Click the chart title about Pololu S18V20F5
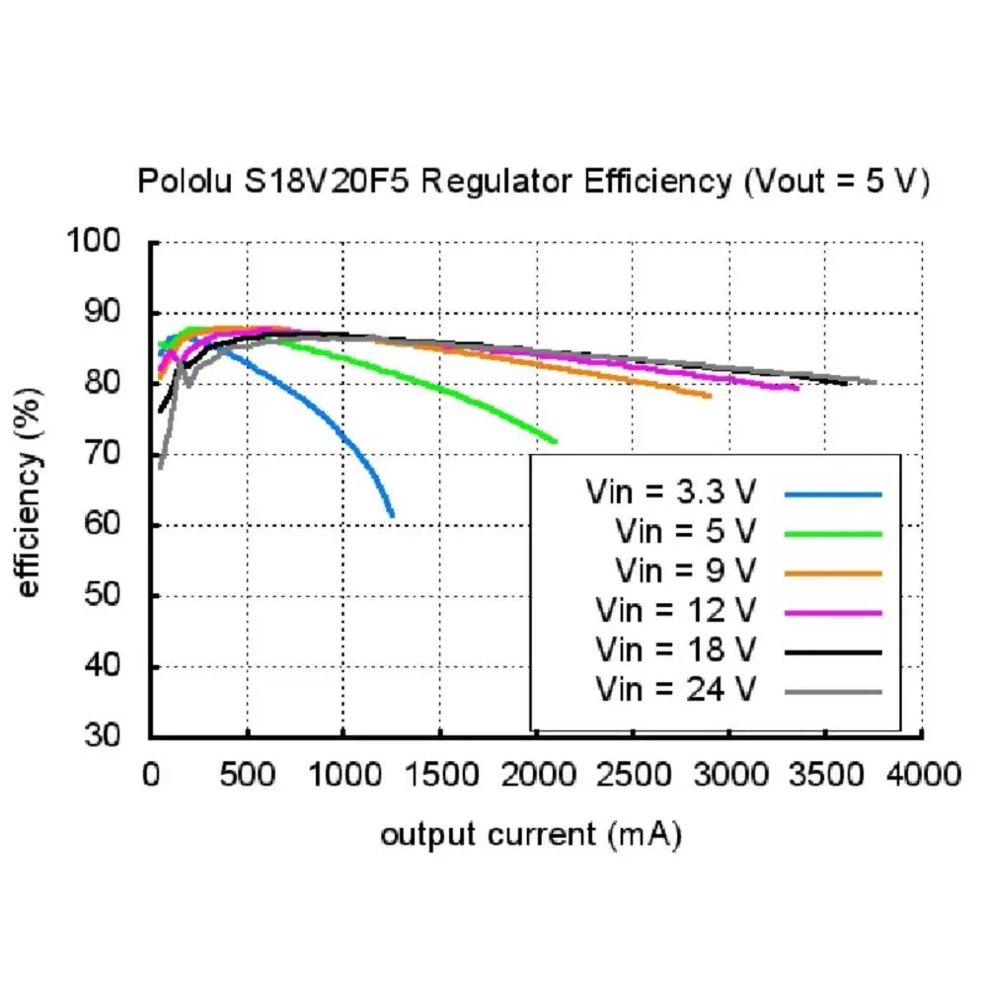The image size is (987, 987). pyautogui.click(x=533, y=182)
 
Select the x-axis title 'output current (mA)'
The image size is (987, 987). pyautogui.click(x=531, y=835)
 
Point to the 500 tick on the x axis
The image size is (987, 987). pyautogui.click(x=247, y=773)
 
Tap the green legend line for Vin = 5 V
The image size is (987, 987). pyautogui.click(x=833, y=533)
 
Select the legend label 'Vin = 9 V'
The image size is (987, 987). pyautogui.click(x=685, y=570)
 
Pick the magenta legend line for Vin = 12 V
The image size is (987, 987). pyautogui.click(x=833, y=612)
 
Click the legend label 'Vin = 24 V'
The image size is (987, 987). pyautogui.click(x=676, y=690)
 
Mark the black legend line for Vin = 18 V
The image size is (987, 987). pyautogui.click(x=833, y=651)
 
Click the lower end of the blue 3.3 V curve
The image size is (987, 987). pyautogui.click(x=392, y=514)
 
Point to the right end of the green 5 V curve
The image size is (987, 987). pyautogui.click(x=555, y=440)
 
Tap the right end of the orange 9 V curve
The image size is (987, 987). pyautogui.click(x=709, y=396)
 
